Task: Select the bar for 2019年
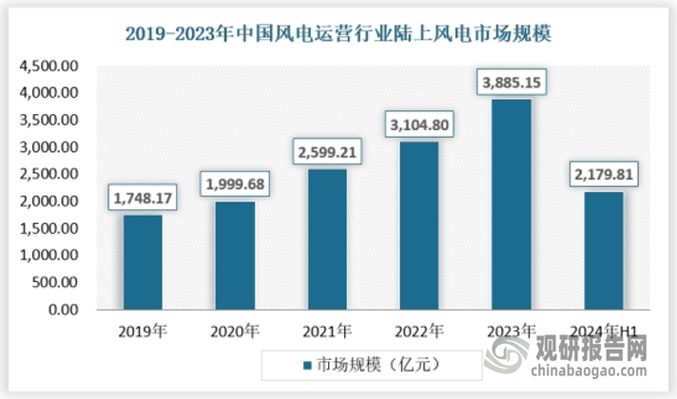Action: [x=143, y=262]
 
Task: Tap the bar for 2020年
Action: [x=234, y=256]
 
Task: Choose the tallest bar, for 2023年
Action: [x=511, y=205]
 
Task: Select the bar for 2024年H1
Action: [x=603, y=251]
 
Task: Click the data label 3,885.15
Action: [x=511, y=83]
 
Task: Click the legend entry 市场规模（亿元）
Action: [x=371, y=365]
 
